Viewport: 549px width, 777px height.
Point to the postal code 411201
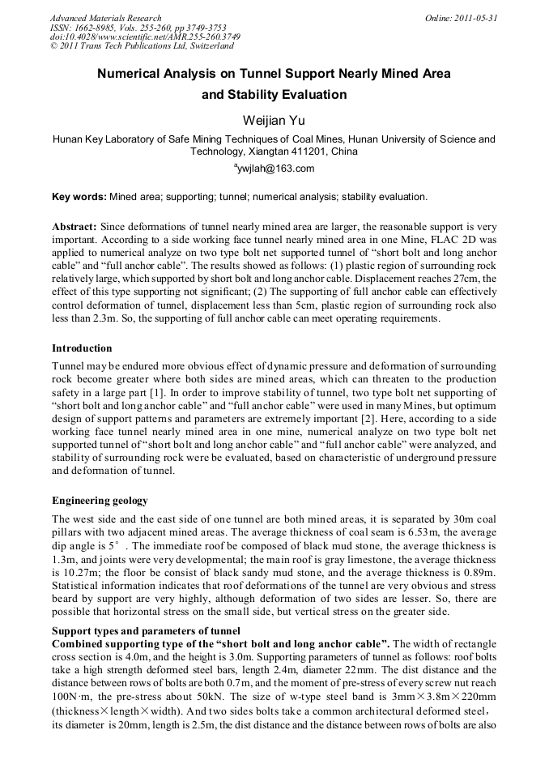(x=309, y=152)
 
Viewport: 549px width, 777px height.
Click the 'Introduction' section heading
(x=82, y=348)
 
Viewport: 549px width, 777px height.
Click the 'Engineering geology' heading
(x=100, y=500)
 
